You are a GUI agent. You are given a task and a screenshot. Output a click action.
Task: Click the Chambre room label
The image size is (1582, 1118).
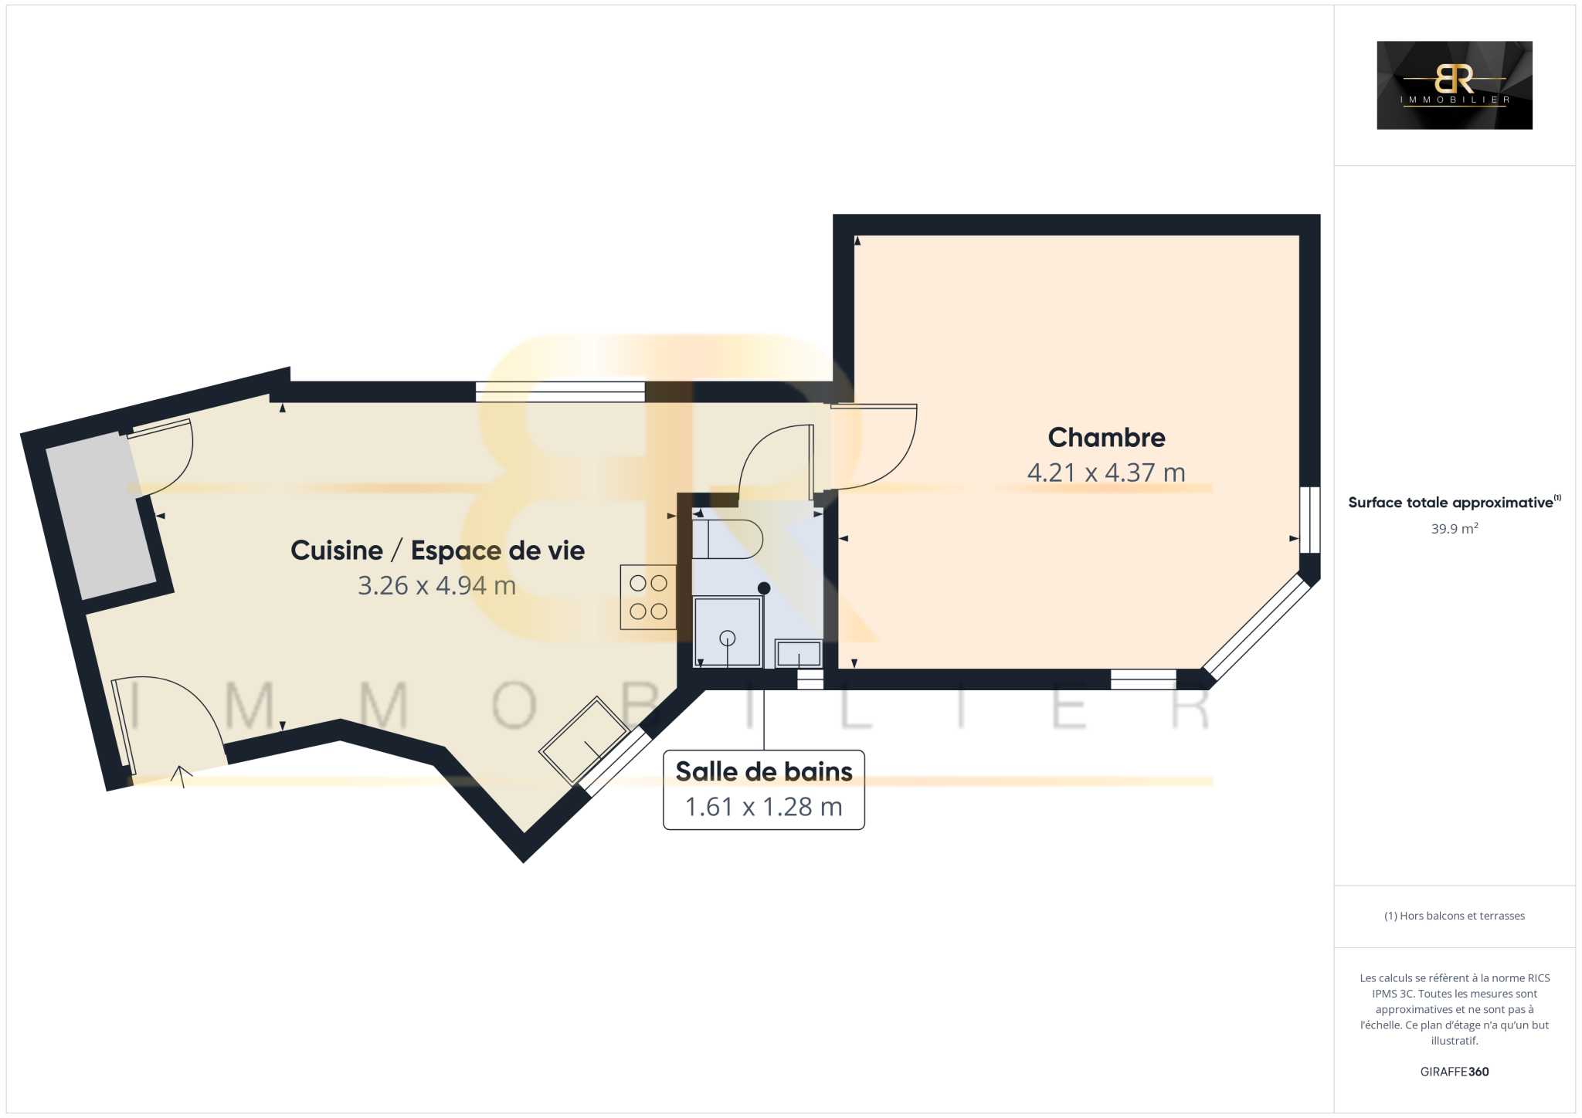pyautogui.click(x=1106, y=438)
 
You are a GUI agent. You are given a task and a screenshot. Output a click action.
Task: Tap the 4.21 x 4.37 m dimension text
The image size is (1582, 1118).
pyautogui.click(x=1106, y=473)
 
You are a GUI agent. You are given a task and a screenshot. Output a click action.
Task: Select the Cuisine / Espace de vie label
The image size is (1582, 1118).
pyautogui.click(x=437, y=551)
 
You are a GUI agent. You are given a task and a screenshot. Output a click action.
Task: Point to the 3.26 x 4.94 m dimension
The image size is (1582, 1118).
pyautogui.click(x=436, y=585)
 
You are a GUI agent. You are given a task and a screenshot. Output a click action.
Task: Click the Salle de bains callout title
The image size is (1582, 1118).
pyautogui.click(x=764, y=771)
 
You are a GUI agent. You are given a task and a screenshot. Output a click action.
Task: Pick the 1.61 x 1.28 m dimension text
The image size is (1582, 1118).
pyautogui.click(x=764, y=807)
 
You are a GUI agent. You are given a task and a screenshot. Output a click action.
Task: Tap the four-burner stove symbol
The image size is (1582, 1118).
pyautogui.click(x=648, y=597)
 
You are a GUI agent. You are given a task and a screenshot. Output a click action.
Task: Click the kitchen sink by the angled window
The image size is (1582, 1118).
pyautogui.click(x=584, y=740)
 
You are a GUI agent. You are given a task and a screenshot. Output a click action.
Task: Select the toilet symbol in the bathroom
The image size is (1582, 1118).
pyautogui.click(x=727, y=539)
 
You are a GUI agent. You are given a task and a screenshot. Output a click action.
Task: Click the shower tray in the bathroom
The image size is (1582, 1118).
pyautogui.click(x=727, y=631)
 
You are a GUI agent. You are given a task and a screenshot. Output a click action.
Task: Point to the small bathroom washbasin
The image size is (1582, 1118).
pyautogui.click(x=799, y=653)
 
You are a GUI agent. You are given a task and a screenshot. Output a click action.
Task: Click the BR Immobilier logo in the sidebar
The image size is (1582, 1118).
pyautogui.click(x=1455, y=85)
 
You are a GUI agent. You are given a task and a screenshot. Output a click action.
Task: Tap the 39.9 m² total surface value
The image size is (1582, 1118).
pyautogui.click(x=1455, y=529)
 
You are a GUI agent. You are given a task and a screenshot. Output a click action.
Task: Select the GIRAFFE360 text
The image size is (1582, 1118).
pyautogui.click(x=1455, y=1072)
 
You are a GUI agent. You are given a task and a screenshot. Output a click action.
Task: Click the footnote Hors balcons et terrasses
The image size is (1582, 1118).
pyautogui.click(x=1455, y=916)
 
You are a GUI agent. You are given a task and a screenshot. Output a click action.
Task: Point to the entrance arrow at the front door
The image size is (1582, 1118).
pyautogui.click(x=182, y=776)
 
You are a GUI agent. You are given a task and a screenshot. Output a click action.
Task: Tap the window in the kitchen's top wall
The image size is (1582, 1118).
pyautogui.click(x=560, y=391)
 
